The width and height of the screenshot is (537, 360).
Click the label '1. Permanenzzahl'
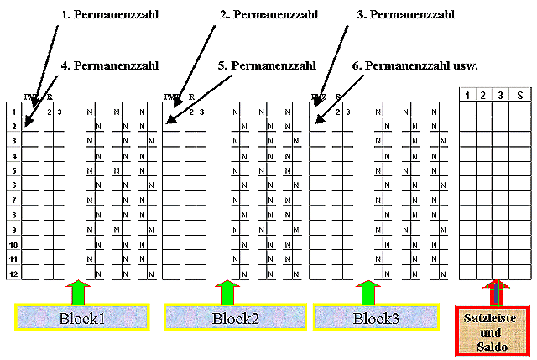pyautogui.click(x=111, y=15)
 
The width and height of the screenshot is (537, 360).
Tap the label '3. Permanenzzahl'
pyautogui.click(x=405, y=15)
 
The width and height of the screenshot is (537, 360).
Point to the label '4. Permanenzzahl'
pyautogui.click(x=111, y=65)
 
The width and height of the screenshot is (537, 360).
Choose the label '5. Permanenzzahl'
pyautogui.click(x=266, y=65)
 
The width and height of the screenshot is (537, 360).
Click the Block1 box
pyautogui.click(x=82, y=318)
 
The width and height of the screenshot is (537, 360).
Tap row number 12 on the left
pyautogui.click(x=13, y=274)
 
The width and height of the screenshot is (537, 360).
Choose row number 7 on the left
pyautogui.click(x=13, y=200)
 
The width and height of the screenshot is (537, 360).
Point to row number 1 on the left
pyautogui.click(x=13, y=111)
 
